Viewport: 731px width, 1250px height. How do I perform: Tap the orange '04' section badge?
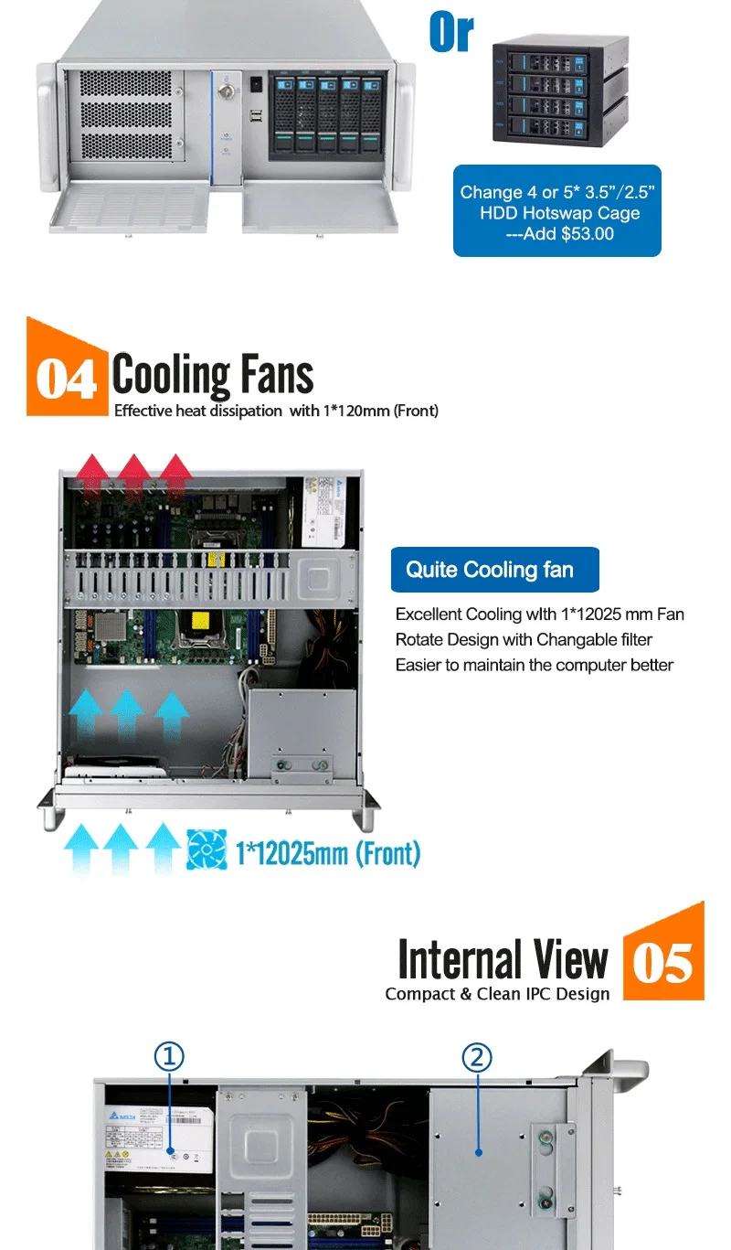[66, 377]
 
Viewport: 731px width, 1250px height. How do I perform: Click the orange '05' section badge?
[663, 963]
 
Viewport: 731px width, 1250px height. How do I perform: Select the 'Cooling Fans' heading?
[213, 375]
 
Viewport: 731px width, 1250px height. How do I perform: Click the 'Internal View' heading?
[503, 960]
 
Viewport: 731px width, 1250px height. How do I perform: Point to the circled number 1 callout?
[169, 1057]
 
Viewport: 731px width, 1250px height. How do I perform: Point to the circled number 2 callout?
[477, 1058]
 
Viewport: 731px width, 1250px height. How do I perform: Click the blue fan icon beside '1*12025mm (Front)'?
[207, 849]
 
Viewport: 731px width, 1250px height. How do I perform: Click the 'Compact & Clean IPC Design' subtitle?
[497, 994]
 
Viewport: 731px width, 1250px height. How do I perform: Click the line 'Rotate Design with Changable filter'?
[524, 639]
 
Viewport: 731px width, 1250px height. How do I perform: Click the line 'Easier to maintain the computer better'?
[534, 665]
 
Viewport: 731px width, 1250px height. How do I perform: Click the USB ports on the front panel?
[255, 114]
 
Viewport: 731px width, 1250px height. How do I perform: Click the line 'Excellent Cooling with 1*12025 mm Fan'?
[539, 614]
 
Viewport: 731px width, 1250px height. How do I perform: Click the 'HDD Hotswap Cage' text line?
[560, 213]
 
